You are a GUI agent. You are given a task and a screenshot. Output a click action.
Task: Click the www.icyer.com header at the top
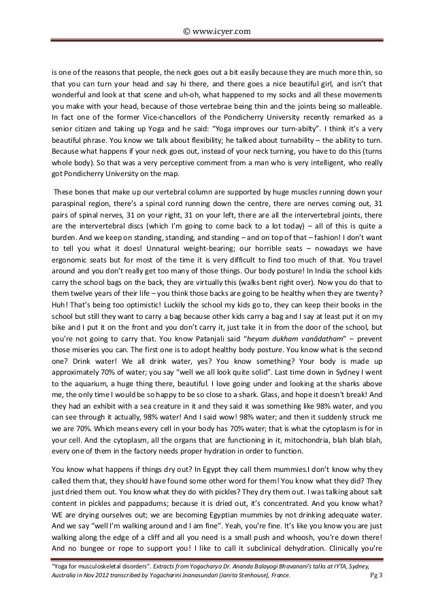[x=217, y=30]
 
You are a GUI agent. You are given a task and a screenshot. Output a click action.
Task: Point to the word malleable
[x=363, y=107]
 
